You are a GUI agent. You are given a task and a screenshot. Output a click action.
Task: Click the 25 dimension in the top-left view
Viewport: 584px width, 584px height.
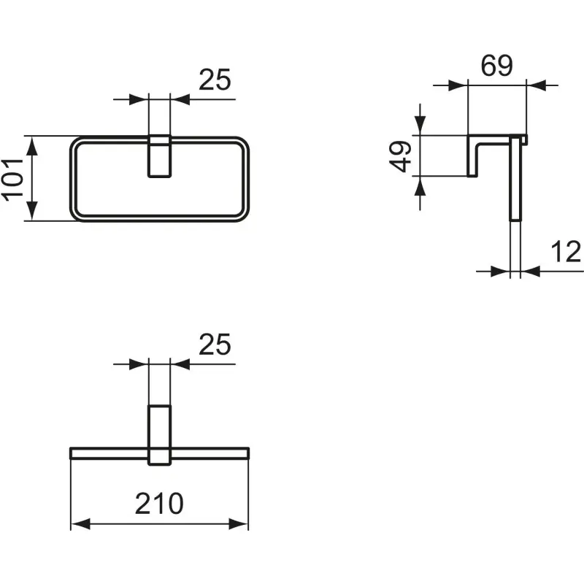[215, 80]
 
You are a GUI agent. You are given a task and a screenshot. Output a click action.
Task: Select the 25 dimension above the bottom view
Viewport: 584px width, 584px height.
[215, 345]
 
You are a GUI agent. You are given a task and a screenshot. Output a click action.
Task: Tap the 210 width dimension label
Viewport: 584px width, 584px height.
[159, 504]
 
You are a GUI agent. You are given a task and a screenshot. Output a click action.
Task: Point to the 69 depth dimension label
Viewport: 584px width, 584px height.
[497, 66]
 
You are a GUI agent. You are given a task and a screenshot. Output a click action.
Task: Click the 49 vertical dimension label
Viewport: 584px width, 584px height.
[400, 156]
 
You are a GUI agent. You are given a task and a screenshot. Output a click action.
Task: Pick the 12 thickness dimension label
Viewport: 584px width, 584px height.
[565, 251]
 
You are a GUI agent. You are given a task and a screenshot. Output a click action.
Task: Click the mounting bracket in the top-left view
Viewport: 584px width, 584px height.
[159, 155]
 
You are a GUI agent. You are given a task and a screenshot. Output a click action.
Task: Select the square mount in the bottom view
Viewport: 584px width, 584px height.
[159, 435]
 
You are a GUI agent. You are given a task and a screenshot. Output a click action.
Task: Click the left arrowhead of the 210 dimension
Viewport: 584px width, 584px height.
[80, 523]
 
